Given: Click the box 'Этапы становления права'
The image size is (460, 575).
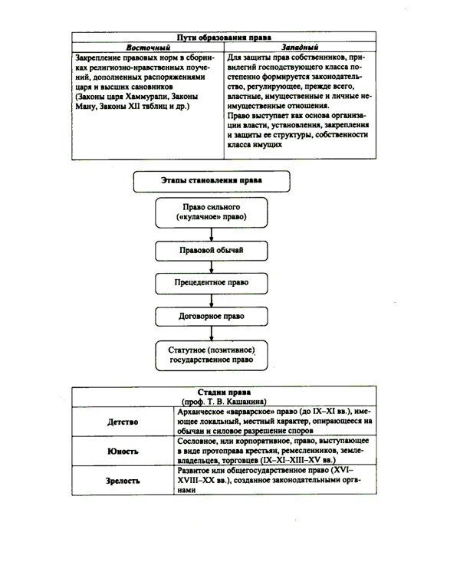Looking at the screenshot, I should point(211,181).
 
